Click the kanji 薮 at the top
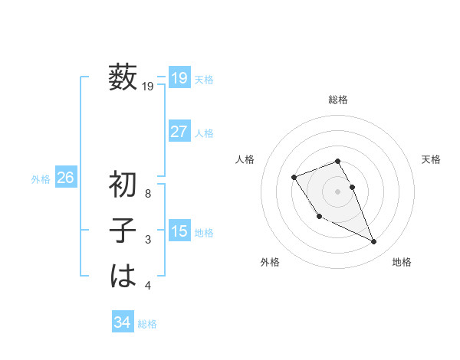coord(123,77)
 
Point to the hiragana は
coord(123,275)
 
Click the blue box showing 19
coord(179,77)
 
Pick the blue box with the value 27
coord(179,131)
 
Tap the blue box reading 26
coord(65,178)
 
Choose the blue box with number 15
coord(179,231)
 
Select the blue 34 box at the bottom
coord(122,322)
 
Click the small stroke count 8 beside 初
coord(148,194)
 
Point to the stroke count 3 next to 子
coord(148,241)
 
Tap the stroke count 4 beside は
coord(148,286)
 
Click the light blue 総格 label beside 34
coord(147,324)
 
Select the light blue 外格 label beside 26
coord(41,179)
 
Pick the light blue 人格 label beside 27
coord(204,133)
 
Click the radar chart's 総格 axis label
coord(338,100)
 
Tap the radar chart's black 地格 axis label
coord(402,262)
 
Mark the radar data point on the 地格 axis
coord(374,242)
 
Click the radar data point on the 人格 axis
coord(294,178)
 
